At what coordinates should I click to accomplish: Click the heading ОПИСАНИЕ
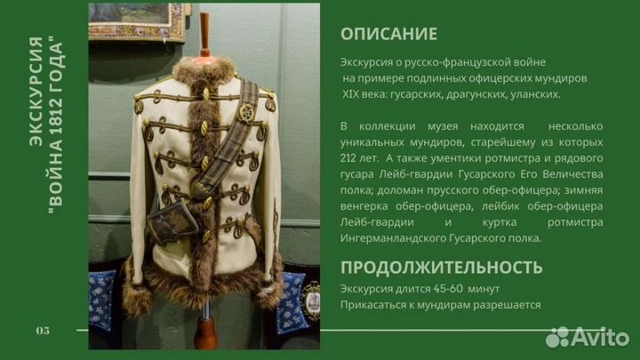coord(388,35)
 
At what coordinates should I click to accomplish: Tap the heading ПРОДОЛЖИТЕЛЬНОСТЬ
coord(442,267)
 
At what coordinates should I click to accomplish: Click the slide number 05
coord(43,331)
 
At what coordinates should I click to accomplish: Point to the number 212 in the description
coord(352,157)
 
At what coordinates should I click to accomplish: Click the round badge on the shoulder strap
coord(246,113)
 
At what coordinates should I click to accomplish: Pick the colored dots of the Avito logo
coord(557,337)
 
